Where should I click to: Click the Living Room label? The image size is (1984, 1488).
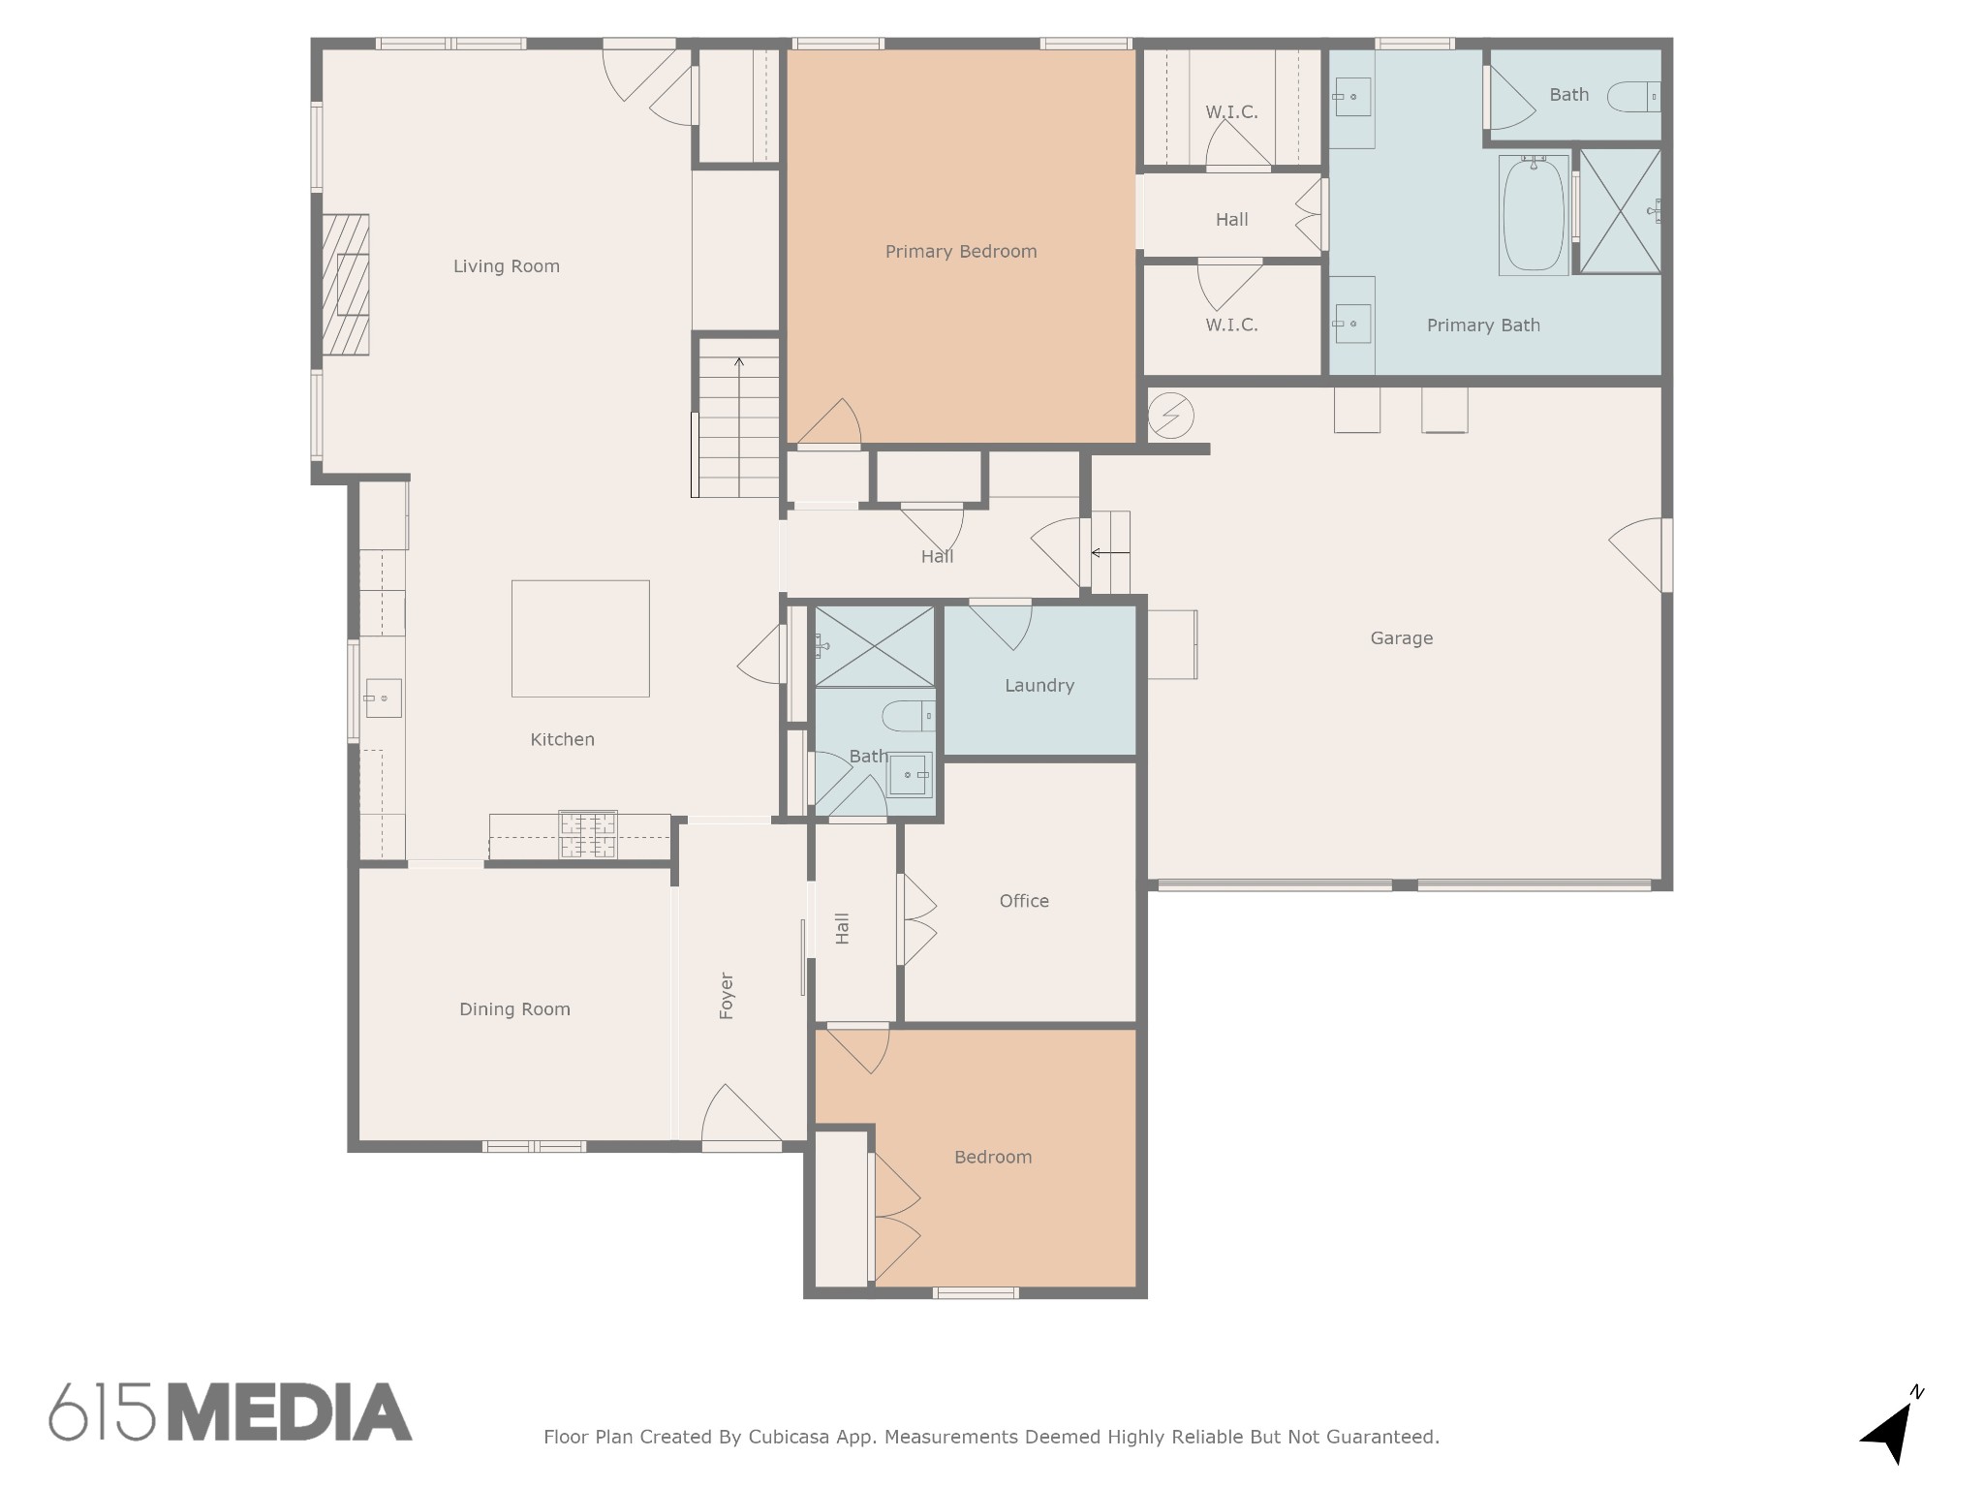point(507,266)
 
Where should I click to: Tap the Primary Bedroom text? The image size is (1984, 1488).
point(961,252)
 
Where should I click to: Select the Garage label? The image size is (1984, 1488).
point(1402,638)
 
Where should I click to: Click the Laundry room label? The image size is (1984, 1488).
point(1039,686)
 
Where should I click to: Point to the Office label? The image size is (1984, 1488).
point(1024,901)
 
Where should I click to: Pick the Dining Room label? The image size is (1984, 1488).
point(514,1009)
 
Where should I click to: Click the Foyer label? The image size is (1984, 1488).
point(727,996)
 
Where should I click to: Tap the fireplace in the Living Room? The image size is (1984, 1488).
point(345,285)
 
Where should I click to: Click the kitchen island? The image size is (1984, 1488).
point(580,638)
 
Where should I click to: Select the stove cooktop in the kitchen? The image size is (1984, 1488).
point(588,835)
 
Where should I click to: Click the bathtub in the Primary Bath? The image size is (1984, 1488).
point(1534,215)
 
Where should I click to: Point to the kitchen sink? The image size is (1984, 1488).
point(383,697)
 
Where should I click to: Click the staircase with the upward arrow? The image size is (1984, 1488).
point(739,418)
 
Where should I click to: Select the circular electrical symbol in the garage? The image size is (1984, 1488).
point(1170,416)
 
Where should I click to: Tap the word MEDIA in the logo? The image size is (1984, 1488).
point(291,1412)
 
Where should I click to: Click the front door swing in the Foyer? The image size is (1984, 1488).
point(741,1116)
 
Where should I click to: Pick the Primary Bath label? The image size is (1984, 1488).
point(1483,325)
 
